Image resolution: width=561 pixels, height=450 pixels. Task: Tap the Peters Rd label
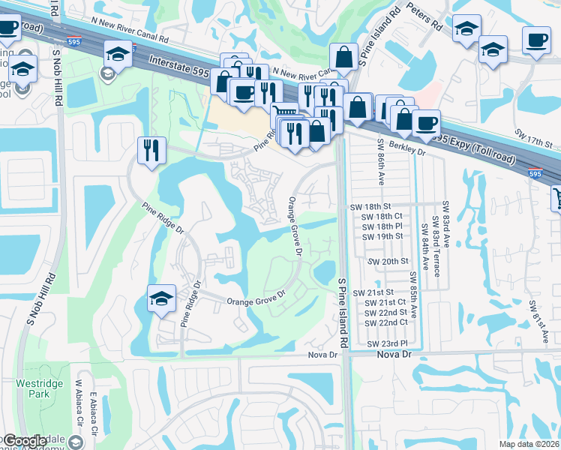click(424, 19)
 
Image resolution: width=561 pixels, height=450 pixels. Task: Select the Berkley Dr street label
click(405, 152)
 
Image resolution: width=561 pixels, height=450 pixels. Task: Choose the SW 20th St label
click(390, 261)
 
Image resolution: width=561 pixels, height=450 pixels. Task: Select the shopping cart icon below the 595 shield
click(556, 199)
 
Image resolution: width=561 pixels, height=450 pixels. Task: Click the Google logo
click(25, 442)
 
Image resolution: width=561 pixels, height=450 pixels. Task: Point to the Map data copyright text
click(529, 444)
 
